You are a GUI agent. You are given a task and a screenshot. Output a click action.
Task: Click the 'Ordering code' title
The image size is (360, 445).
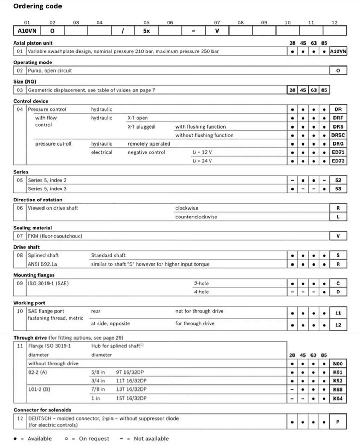[x=37, y=6]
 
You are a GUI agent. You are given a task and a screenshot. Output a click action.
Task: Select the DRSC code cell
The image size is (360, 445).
[x=338, y=135]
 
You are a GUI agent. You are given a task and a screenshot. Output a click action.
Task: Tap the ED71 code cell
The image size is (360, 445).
[x=338, y=152]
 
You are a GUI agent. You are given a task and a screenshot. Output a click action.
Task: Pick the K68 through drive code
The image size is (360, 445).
[x=338, y=389]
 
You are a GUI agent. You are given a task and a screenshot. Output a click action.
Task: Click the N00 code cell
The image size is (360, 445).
[x=338, y=364]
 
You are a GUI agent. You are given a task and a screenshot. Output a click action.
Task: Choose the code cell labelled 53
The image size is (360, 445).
[x=338, y=189]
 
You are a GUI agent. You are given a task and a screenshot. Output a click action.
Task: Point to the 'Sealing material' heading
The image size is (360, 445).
[x=33, y=228]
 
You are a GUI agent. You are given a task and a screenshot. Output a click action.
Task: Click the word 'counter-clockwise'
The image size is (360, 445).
[x=196, y=217]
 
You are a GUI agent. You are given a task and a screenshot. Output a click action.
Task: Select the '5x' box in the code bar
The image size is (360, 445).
[x=146, y=31]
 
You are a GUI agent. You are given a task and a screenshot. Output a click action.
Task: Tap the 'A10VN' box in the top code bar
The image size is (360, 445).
[x=27, y=31]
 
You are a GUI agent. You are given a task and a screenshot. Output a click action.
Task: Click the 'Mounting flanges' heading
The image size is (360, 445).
[x=34, y=275]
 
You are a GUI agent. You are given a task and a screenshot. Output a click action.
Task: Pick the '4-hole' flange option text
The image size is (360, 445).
[x=201, y=292]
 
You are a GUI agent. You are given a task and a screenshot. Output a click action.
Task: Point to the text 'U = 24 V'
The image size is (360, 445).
[x=202, y=161]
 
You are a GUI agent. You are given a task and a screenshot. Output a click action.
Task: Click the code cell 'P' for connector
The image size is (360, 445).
[x=338, y=422]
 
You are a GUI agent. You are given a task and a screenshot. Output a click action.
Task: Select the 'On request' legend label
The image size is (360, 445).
[x=94, y=439]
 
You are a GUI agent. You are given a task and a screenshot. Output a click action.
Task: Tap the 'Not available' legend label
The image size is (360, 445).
[x=151, y=439]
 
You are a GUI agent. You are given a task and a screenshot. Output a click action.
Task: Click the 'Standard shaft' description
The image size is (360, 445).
[x=108, y=255]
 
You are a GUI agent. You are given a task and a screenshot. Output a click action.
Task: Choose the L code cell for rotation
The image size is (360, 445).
[x=338, y=217]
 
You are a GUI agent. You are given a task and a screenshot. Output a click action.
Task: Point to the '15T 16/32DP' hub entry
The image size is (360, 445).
[x=131, y=398]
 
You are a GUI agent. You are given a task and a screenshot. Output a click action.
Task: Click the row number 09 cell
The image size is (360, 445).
[x=20, y=283]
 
